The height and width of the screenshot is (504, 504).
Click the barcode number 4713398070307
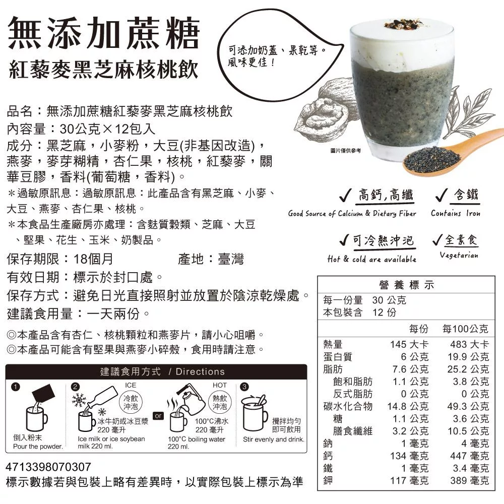click(x=48, y=467)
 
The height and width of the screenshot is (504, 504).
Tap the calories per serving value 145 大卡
click(x=409, y=344)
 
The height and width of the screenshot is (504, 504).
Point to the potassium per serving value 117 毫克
click(x=409, y=480)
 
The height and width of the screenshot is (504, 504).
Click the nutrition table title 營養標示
click(x=407, y=285)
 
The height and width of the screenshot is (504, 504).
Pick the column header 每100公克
click(x=465, y=329)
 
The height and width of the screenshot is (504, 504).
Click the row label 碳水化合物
click(x=348, y=406)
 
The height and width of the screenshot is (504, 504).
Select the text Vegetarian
click(x=459, y=255)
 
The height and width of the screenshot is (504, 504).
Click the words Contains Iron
click(x=456, y=213)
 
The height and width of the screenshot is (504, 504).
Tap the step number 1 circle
click(x=16, y=387)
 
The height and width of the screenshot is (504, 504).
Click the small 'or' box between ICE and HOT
click(x=158, y=416)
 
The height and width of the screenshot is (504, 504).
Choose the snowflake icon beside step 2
click(x=80, y=400)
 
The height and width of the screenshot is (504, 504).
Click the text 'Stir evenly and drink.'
click(x=274, y=439)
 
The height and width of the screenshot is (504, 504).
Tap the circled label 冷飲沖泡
click(x=131, y=402)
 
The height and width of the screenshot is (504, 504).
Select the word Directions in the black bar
click(x=200, y=371)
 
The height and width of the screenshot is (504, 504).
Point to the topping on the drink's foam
click(x=403, y=24)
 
